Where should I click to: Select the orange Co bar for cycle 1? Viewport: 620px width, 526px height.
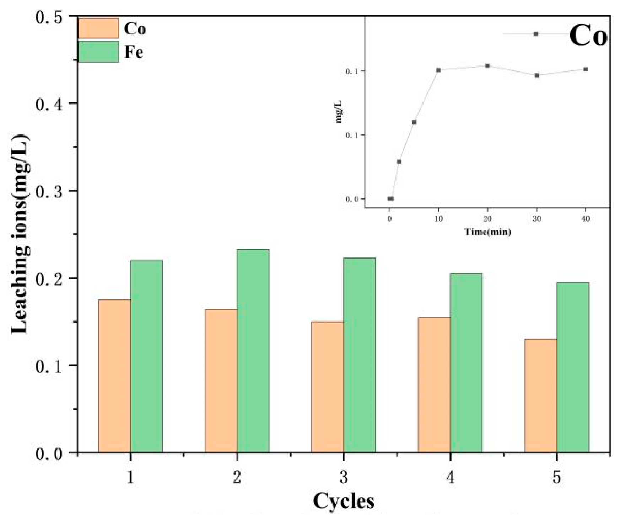pyautogui.click(x=114, y=376)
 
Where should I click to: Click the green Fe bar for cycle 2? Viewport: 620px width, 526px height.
pyautogui.click(x=253, y=351)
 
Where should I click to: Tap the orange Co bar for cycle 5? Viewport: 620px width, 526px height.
pyautogui.click(x=540, y=395)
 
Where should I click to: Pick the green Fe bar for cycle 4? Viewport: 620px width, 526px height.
pyautogui.click(x=466, y=363)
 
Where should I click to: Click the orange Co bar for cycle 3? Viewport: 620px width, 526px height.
pyautogui.click(x=328, y=387)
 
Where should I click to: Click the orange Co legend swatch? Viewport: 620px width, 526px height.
pyautogui.click(x=98, y=28)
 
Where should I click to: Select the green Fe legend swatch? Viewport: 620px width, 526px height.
pyautogui.click(x=98, y=52)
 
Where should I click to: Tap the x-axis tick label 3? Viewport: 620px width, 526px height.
pyautogui.click(x=344, y=477)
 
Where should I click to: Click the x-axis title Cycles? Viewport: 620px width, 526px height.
pyautogui.click(x=344, y=501)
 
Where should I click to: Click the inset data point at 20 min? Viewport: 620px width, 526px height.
pyautogui.click(x=487, y=66)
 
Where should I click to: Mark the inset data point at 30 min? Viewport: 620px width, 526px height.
pyautogui.click(x=537, y=75)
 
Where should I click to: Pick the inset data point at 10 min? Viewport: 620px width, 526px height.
pyautogui.click(x=438, y=70)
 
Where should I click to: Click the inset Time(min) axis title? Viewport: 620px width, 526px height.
pyautogui.click(x=487, y=232)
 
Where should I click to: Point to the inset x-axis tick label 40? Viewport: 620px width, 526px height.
pyautogui.click(x=586, y=219)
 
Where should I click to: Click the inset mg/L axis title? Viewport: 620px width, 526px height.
pyautogui.click(x=339, y=111)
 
